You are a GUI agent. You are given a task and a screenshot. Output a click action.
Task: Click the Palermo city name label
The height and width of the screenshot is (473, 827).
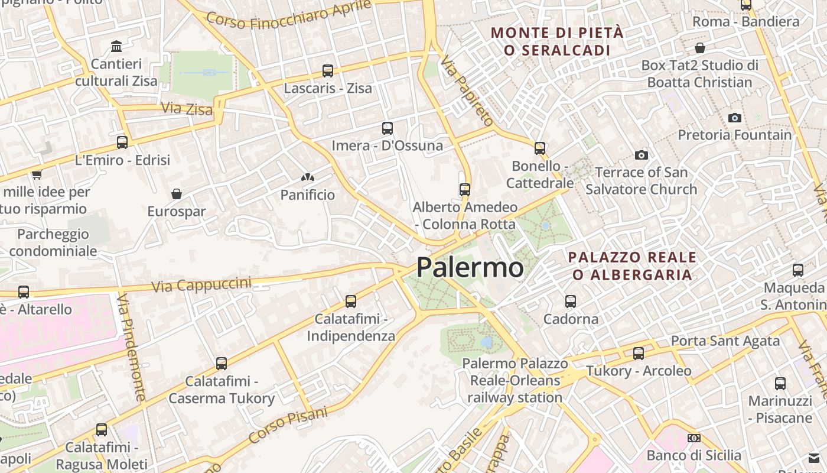(470, 267)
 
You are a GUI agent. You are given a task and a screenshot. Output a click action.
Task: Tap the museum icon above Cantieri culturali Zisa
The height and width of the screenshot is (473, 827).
(116, 46)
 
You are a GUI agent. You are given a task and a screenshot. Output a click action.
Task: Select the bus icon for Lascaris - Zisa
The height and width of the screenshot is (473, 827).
(328, 71)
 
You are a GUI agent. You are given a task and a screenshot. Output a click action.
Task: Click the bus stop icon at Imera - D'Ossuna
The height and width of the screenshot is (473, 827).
(388, 128)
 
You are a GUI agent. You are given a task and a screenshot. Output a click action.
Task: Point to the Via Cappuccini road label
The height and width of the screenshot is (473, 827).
(201, 285)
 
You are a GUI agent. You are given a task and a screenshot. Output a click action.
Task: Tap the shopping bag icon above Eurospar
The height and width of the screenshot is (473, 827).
(177, 194)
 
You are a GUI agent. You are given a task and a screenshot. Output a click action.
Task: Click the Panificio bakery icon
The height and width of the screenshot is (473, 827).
(307, 177)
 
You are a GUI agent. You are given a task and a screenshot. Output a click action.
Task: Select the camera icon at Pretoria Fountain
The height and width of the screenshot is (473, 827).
(735, 118)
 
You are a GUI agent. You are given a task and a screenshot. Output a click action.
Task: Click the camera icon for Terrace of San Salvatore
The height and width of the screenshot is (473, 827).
(642, 155)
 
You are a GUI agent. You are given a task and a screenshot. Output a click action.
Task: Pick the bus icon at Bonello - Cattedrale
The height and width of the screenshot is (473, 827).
(540, 148)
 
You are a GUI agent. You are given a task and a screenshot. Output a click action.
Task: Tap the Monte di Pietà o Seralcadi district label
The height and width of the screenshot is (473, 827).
(557, 41)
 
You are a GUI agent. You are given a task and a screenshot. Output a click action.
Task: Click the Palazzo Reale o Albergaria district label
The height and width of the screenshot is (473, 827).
(632, 265)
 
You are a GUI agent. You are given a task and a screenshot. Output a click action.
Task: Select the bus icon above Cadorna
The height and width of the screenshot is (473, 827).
(571, 302)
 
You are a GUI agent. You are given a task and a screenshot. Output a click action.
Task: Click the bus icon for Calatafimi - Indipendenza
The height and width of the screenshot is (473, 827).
(351, 302)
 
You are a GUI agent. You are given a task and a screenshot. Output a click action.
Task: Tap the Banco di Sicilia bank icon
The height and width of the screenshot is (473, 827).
(694, 438)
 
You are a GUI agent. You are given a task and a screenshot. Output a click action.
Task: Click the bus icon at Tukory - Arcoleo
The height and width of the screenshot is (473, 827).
(639, 354)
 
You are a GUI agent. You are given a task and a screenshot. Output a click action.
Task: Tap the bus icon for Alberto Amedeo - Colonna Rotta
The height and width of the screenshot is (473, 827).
(465, 190)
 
